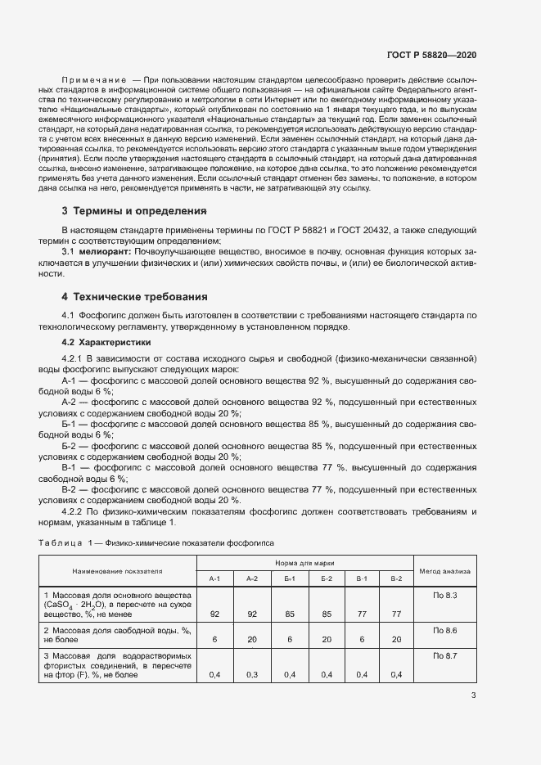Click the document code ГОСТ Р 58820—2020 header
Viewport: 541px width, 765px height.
(x=431, y=55)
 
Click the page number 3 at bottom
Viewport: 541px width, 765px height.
(x=473, y=695)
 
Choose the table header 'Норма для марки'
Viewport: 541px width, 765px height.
(x=304, y=563)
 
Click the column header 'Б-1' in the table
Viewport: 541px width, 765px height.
(x=290, y=578)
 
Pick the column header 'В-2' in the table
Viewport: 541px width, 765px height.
(x=396, y=578)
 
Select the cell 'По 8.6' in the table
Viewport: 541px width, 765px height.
(x=444, y=630)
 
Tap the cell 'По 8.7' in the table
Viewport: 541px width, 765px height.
(x=444, y=656)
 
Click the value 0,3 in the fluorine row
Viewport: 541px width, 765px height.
(x=252, y=675)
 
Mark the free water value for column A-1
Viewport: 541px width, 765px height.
(x=215, y=640)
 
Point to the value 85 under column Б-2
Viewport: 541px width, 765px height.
(x=326, y=614)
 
